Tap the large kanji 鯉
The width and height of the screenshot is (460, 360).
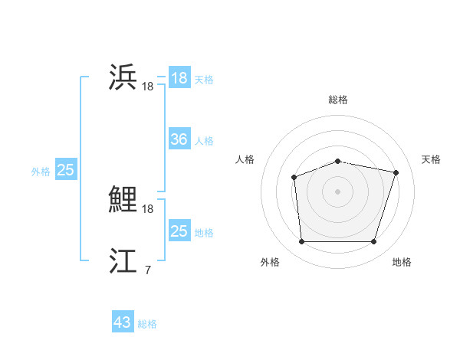click(123, 201)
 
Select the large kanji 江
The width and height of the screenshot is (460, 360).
click(123, 261)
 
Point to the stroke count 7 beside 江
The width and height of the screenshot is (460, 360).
click(147, 270)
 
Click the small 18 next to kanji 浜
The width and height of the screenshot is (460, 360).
click(147, 87)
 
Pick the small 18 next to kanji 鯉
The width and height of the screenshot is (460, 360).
click(147, 209)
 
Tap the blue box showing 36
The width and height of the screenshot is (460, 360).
click(179, 139)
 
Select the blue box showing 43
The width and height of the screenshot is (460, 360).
click(123, 322)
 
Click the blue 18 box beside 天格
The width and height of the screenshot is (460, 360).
click(179, 78)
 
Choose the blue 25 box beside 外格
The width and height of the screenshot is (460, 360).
click(65, 170)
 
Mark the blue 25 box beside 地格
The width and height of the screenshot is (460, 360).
click(179, 231)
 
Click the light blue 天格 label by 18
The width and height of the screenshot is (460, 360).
click(204, 80)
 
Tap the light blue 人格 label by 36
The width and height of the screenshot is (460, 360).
click(204, 141)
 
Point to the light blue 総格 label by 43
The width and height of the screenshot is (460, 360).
click(147, 324)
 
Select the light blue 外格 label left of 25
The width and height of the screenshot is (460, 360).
click(41, 172)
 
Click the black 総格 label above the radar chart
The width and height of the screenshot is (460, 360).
click(337, 100)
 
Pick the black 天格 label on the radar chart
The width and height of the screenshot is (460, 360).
click(431, 159)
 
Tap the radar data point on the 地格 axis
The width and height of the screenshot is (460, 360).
click(373, 242)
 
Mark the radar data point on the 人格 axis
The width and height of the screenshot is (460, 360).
click(294, 178)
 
